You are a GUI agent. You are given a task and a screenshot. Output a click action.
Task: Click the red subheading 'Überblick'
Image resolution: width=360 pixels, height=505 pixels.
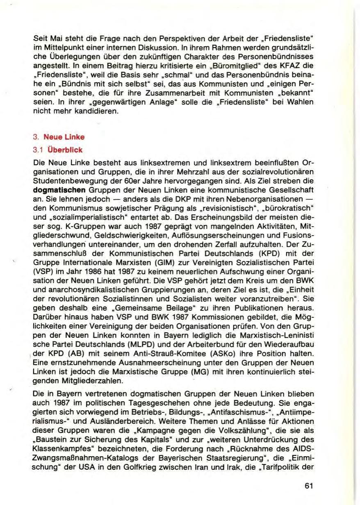point(62,150)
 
